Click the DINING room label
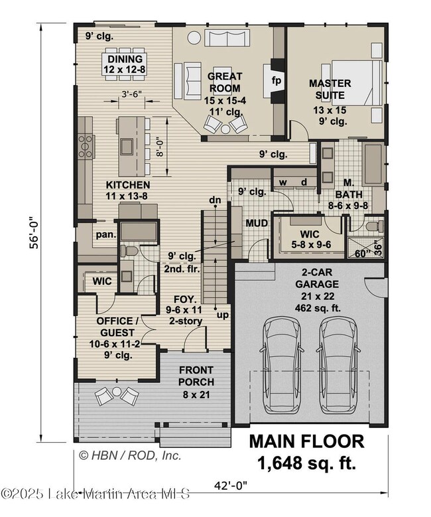coord(125,59)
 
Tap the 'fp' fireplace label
coord(276,80)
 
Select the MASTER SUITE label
coord(330,89)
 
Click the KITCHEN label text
coord(128,185)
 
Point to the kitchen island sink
coord(127,147)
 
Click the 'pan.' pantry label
coord(106,235)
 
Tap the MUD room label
coord(257,223)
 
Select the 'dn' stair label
coord(215,200)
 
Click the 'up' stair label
coord(223,315)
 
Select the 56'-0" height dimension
coord(34,232)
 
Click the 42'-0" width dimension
coord(230,485)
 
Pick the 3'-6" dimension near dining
coord(131,94)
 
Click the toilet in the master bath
coord(375,226)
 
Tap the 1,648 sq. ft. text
coord(307,463)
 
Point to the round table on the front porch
coord(117,392)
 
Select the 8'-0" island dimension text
coord(160,147)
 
